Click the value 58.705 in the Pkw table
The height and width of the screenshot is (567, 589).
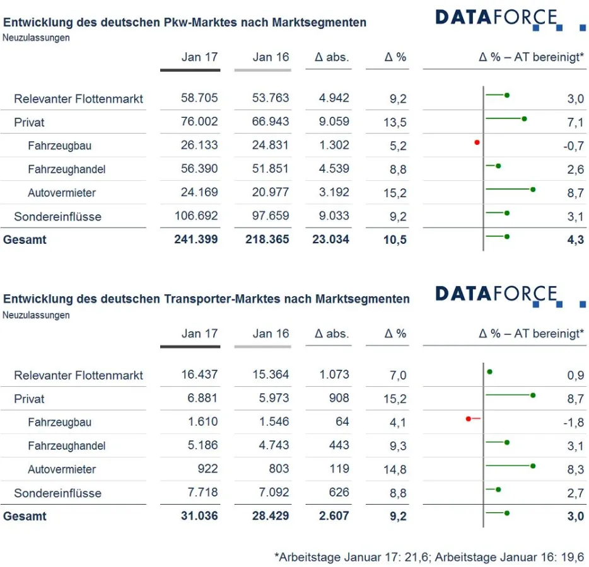pyautogui.click(x=199, y=98)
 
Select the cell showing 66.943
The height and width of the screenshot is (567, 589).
pyautogui.click(x=271, y=122)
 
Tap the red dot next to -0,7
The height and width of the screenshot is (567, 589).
pyautogui.click(x=477, y=142)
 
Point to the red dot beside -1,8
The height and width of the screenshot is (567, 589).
pyautogui.click(x=469, y=418)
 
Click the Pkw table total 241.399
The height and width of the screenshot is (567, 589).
pyautogui.click(x=196, y=239)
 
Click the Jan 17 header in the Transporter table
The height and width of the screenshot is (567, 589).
pyautogui.click(x=199, y=334)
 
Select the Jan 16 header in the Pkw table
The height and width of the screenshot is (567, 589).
pyautogui.click(x=271, y=57)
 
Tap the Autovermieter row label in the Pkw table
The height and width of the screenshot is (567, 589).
pyautogui.click(x=62, y=193)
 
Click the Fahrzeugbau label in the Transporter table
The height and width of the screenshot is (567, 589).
pyautogui.click(x=59, y=422)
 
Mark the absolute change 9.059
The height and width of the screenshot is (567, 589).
pyautogui.click(x=334, y=122)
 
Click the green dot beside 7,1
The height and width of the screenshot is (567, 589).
pyautogui.click(x=524, y=118)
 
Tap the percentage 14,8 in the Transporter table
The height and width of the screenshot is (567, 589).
pyautogui.click(x=395, y=469)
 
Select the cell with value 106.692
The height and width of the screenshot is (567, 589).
pyautogui.click(x=196, y=216)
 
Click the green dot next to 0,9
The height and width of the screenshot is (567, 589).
pyautogui.click(x=489, y=372)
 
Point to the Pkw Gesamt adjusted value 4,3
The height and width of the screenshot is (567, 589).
pyautogui.click(x=575, y=240)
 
